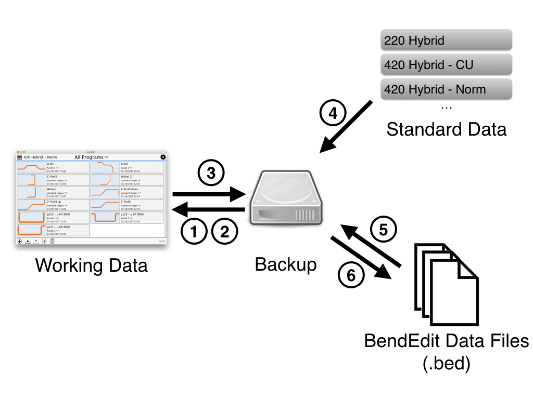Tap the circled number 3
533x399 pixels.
pos(211,174)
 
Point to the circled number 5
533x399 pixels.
pos(384,230)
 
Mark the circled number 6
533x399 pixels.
pos(351,275)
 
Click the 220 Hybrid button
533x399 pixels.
pos(447,40)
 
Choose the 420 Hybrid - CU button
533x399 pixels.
pos(447,64)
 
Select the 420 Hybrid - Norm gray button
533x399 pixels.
pos(447,89)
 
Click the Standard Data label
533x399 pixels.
pos(446,129)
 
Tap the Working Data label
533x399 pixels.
pos(92,265)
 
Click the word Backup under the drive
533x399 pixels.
pos(286,264)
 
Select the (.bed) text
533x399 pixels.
pos(446,363)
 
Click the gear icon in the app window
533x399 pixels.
pos(163,157)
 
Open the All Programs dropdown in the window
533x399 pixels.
pos(91,157)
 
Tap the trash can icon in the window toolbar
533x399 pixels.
pos(52,241)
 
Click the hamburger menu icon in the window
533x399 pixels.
pos(20,157)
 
